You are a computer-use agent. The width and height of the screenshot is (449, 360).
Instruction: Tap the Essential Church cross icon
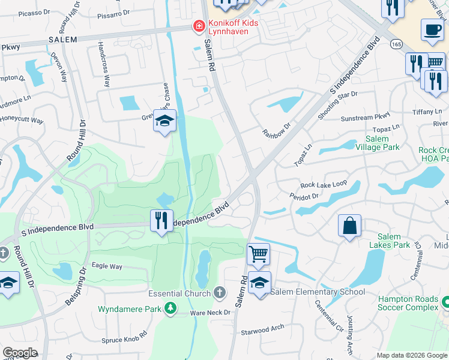click(x=220, y=293)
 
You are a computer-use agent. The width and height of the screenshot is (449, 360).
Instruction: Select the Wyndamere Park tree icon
click(x=171, y=308)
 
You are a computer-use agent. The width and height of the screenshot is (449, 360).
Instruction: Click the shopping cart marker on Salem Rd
click(x=258, y=253)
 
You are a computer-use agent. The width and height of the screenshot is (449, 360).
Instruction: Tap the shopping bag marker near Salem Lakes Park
click(x=349, y=226)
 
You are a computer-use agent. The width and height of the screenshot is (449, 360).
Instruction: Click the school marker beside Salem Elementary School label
click(x=259, y=283)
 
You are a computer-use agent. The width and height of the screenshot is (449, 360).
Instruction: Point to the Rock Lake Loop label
click(x=324, y=185)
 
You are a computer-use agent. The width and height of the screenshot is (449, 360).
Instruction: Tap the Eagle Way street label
click(x=107, y=266)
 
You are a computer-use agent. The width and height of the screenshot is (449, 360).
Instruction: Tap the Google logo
click(x=20, y=353)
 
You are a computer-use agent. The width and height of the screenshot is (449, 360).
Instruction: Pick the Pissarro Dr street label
click(x=113, y=12)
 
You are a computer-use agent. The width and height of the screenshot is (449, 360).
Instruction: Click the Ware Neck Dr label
click(x=210, y=313)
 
